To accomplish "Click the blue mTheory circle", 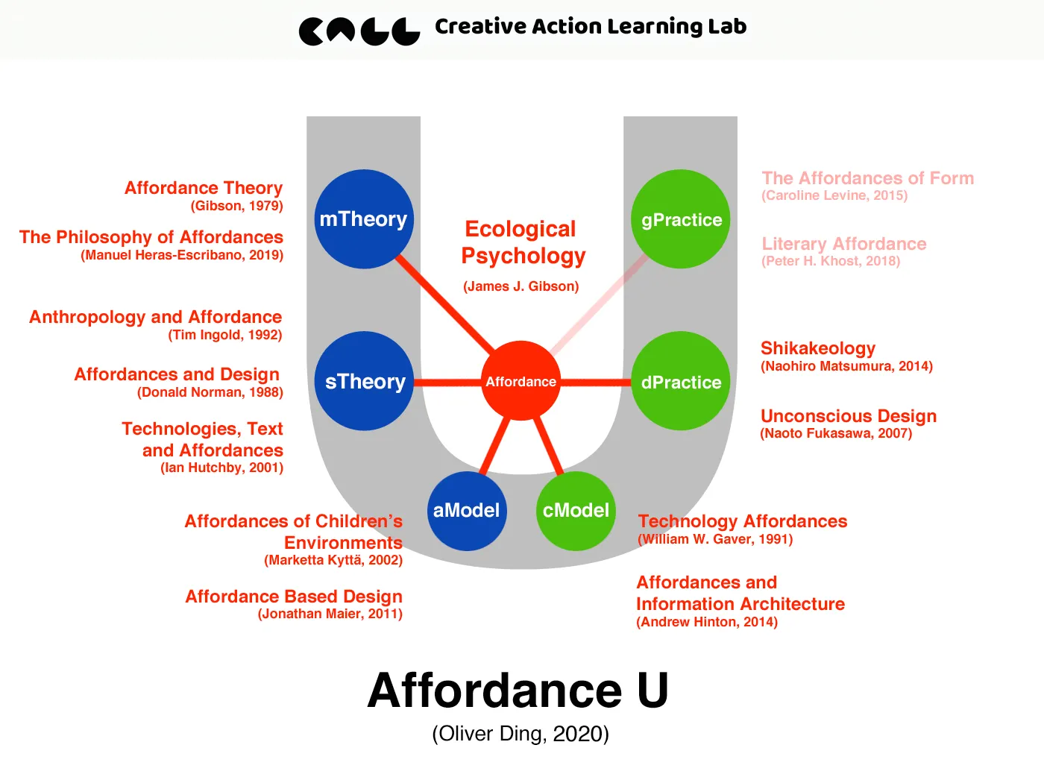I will tap(364, 219).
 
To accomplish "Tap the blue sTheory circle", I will tap(364, 381).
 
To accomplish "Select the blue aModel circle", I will tap(467, 511).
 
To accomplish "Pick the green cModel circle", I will tap(576, 511).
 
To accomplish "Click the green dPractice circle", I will tap(681, 381).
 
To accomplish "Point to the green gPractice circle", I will tap(681, 219).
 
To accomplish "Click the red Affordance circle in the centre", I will tap(521, 381).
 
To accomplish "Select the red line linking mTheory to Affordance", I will tap(445, 304).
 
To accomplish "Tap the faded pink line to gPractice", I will tap(597, 304).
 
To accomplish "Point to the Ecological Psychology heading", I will tap(522, 242).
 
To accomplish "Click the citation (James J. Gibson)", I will tap(521, 286).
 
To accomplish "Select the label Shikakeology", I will tap(818, 348).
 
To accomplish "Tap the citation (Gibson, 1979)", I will tap(236, 206).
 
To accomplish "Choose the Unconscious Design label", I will tap(849, 416).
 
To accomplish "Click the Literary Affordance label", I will tap(844, 244).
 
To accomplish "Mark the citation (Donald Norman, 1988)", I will tap(210, 392).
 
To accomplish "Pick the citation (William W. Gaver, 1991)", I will tap(715, 539).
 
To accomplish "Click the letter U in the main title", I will tap(652, 691).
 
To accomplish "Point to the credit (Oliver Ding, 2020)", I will tap(521, 734).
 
